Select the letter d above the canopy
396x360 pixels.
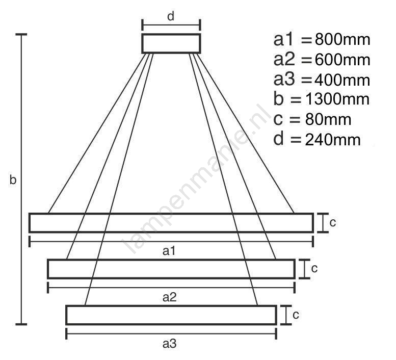click(x=171, y=16)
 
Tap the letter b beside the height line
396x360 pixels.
click(x=13, y=179)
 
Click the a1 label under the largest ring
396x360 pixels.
click(x=169, y=251)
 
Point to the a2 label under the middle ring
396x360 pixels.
click(x=170, y=297)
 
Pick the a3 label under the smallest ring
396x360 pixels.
click(x=170, y=344)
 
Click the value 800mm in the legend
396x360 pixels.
click(x=342, y=40)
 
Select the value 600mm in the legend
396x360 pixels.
click(x=342, y=60)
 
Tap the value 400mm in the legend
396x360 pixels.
click(x=342, y=80)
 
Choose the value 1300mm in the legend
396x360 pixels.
click(x=337, y=99)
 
